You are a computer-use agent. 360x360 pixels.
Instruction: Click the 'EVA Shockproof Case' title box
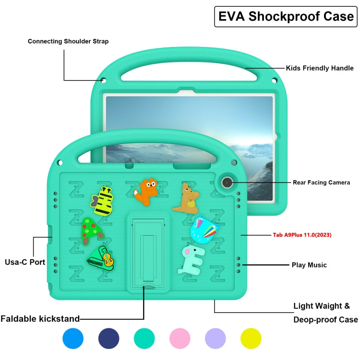click(x=286, y=16)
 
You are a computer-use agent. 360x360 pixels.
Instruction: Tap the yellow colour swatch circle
click(x=251, y=338)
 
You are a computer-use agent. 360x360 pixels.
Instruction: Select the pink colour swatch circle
click(x=180, y=338)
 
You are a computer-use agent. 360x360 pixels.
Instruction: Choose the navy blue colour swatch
click(x=108, y=338)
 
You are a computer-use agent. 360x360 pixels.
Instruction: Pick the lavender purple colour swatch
click(x=215, y=338)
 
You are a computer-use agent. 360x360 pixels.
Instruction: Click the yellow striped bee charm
click(x=103, y=201)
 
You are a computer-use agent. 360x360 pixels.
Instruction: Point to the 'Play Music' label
click(x=309, y=265)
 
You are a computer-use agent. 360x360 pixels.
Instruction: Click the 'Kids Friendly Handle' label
click(x=320, y=68)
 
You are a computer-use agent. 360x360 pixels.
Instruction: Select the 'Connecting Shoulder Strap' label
click(x=68, y=41)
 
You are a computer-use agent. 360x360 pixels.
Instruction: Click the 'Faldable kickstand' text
click(x=40, y=318)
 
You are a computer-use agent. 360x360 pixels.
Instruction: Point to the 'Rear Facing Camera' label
click(x=321, y=182)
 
